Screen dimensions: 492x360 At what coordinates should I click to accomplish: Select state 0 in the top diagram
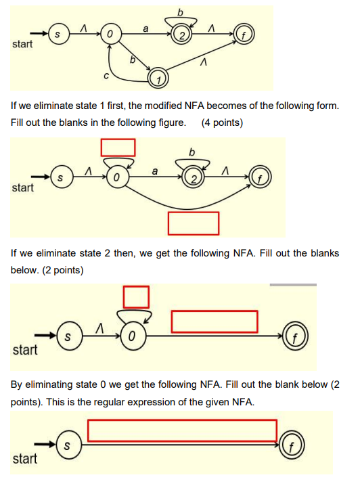point(110,32)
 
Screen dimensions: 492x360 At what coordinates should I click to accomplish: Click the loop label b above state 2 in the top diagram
point(179,11)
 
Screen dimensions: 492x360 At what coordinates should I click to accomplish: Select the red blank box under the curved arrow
point(194,223)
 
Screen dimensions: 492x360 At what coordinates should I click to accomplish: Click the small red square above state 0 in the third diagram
point(135,296)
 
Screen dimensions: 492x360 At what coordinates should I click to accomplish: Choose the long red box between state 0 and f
point(215,321)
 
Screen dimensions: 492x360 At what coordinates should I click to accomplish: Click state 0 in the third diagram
point(131,336)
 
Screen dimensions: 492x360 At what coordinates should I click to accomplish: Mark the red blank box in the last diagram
point(182,430)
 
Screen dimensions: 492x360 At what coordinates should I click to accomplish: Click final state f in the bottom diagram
point(291,446)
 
